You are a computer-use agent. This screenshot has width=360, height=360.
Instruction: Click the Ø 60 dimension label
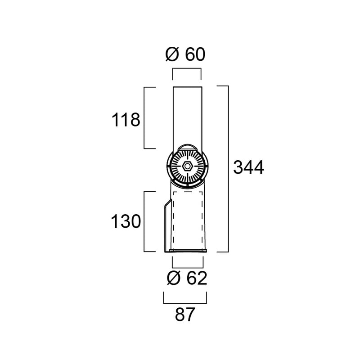[x=185, y=54]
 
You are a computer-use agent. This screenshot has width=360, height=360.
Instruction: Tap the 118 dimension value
[x=126, y=120]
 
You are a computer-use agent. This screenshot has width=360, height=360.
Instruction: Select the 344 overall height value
[x=248, y=167]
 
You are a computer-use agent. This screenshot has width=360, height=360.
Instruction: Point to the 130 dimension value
[x=126, y=221]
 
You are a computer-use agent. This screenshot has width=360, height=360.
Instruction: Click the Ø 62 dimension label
[x=187, y=278]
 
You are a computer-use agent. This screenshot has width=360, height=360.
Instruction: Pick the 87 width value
[x=185, y=315]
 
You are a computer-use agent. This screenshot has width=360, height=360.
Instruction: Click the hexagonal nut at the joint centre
[x=187, y=166]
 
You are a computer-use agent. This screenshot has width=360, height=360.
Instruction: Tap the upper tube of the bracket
[x=188, y=117]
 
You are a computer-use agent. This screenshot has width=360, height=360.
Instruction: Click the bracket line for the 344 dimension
[x=228, y=169]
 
